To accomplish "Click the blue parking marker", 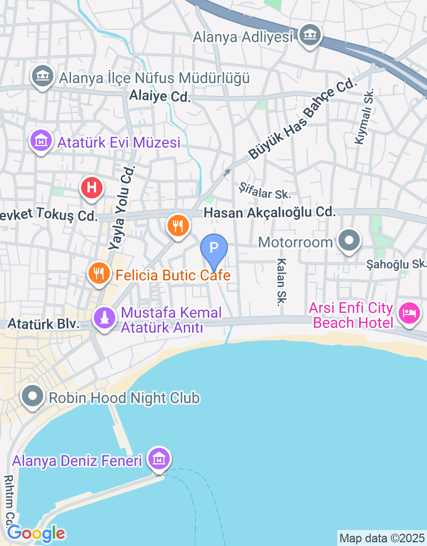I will coord(214,248).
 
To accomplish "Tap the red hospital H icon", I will coord(91,188).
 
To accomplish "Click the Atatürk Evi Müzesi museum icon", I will coord(41,141).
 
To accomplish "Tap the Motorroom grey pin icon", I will coord(350,241).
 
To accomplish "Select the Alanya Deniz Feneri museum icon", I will coord(159,458).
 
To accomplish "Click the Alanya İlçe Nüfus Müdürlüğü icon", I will coord(43,77).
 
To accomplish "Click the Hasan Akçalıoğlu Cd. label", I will coord(270,212).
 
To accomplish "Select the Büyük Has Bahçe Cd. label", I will coord(302,119).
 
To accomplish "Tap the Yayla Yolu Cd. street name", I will coord(122,208).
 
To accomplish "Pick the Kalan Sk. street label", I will coord(281,283).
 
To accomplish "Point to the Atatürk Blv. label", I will coord(44,324).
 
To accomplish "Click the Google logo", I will coord(36,533).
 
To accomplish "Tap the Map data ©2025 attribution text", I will coord(382,537).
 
